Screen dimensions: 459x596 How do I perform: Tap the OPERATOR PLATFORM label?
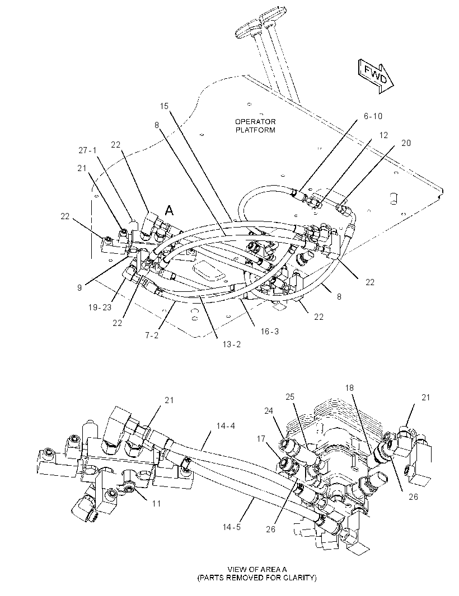[x=255, y=126]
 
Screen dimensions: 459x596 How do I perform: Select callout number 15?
[x=164, y=106]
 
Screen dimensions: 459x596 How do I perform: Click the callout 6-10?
[x=373, y=116]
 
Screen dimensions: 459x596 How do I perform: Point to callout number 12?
[x=383, y=135]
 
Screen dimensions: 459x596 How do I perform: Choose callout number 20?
[x=406, y=143]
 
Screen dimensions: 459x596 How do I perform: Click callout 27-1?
[x=87, y=150]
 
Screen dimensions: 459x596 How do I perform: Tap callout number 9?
[x=79, y=288]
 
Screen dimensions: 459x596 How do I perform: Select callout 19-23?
[x=100, y=307]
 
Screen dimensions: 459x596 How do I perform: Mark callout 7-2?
[x=152, y=335]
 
